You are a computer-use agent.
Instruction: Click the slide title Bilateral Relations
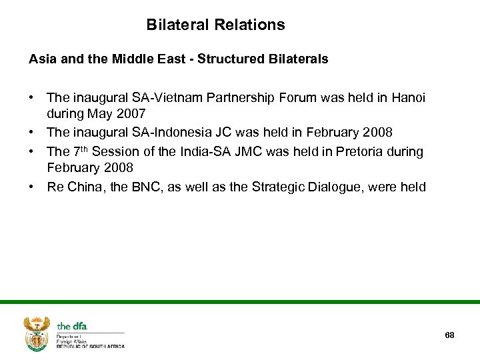click(215, 25)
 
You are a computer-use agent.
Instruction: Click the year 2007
click(131, 114)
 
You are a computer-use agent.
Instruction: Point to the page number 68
click(449, 335)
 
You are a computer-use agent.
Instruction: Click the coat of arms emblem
click(36, 333)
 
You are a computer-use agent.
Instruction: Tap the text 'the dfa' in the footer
click(72, 326)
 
